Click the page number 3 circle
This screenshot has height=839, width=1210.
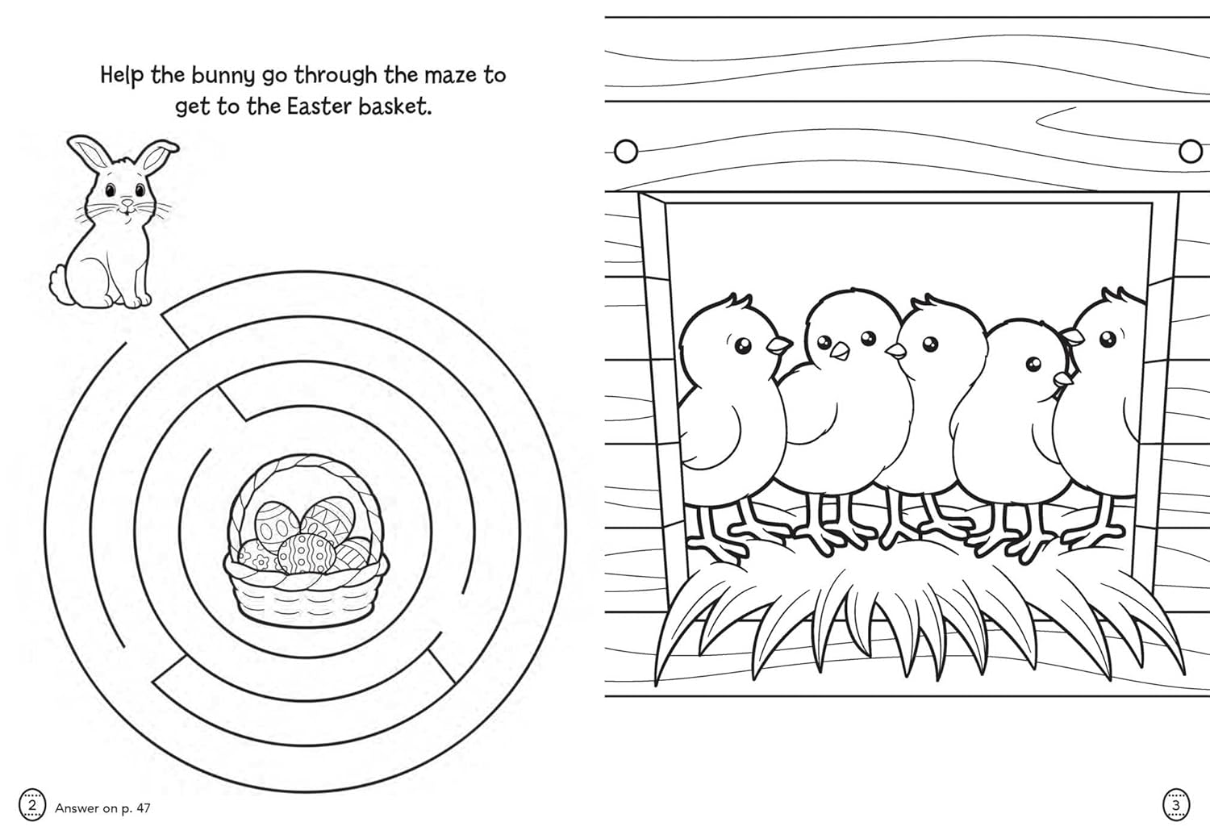1175,804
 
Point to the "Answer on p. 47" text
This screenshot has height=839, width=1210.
102,808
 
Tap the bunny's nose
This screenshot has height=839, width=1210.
126,202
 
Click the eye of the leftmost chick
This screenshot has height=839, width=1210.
742,346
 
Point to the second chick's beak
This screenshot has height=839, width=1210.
840,351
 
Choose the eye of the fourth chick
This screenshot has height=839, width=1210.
1034,364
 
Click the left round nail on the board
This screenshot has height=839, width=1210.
625,151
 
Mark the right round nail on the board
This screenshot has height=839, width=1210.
1190,151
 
